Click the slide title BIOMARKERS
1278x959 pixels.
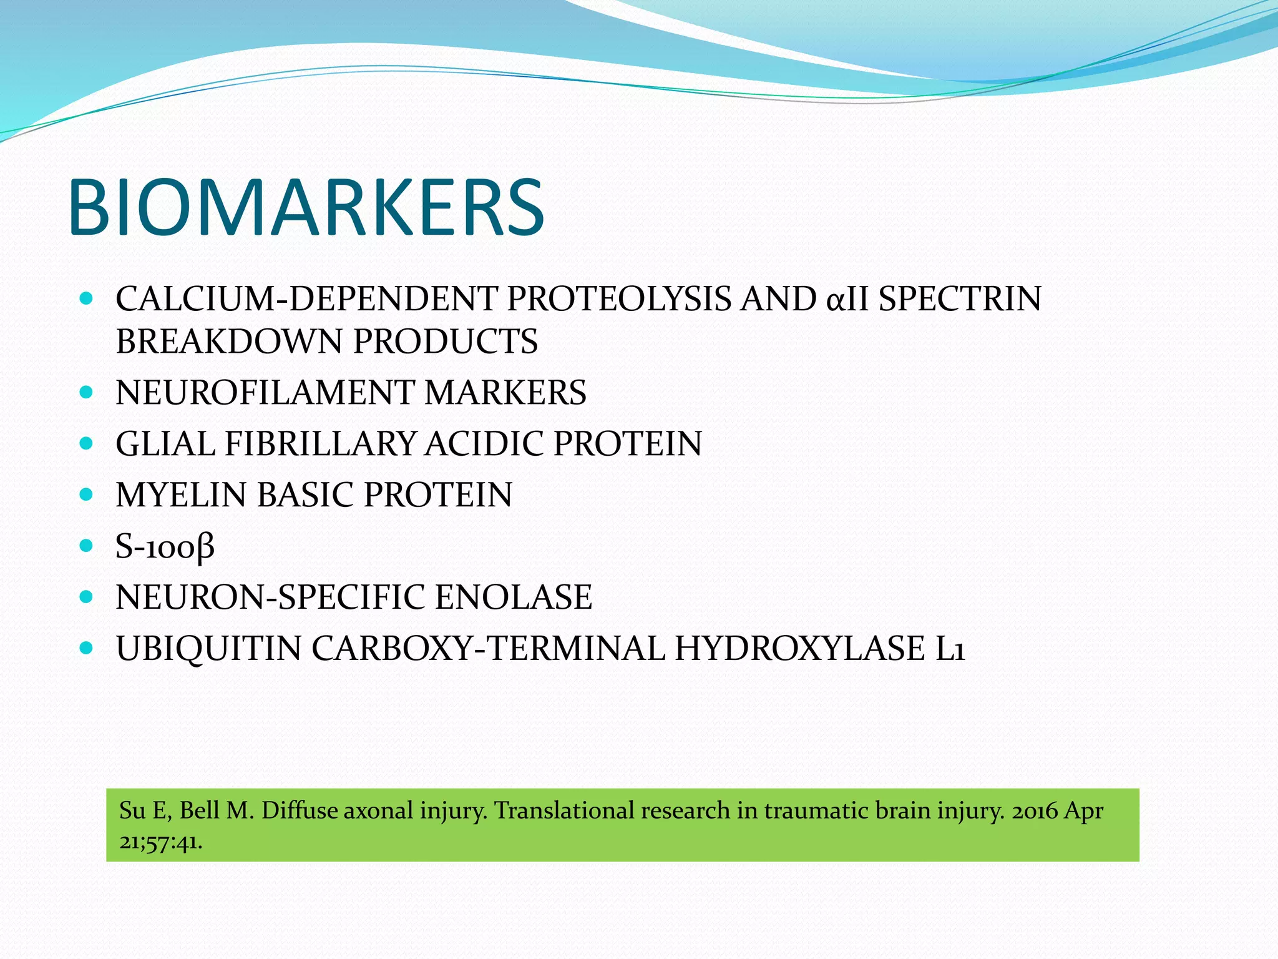point(306,207)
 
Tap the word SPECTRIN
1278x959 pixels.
point(960,299)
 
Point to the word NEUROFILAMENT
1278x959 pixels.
point(265,393)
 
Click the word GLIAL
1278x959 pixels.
point(165,444)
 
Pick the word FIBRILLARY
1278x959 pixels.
point(320,444)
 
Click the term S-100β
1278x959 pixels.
point(165,547)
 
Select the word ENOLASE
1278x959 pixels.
point(513,597)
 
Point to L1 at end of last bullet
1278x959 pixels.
point(950,648)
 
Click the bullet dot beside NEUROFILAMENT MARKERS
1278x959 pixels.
point(87,393)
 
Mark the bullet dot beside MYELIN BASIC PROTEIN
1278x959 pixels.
point(87,495)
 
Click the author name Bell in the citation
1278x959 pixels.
point(199,811)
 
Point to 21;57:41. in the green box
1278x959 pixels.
point(161,842)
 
